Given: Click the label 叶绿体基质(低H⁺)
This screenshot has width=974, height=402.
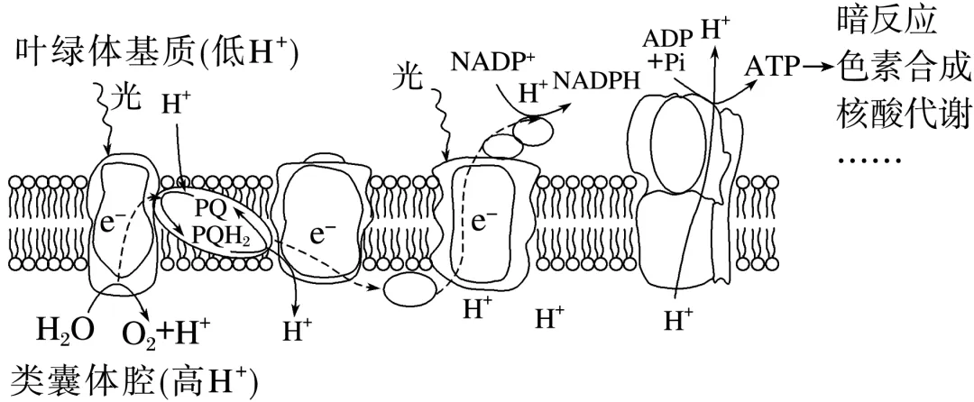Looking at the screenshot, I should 159,55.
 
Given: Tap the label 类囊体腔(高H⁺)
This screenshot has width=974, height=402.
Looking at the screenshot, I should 133,379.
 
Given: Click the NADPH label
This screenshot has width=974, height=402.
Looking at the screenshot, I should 596,80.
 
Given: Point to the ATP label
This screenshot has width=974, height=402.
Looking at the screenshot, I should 772,67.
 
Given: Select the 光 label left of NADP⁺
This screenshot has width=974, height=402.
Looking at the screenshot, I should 409,79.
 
